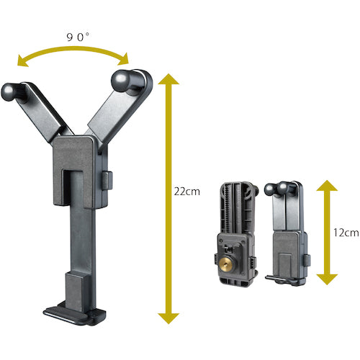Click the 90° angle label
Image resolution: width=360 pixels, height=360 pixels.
point(78,37)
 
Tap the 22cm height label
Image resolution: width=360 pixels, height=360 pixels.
point(187,192)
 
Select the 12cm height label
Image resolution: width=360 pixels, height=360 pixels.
point(346,233)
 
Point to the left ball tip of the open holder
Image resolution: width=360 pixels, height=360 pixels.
point(9,92)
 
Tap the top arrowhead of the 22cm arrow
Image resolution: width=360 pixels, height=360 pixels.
point(168,79)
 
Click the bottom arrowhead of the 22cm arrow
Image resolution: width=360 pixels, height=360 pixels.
point(168,318)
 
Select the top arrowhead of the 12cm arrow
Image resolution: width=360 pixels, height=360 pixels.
point(327,186)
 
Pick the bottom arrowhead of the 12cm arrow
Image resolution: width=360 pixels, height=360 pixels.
point(327,279)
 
